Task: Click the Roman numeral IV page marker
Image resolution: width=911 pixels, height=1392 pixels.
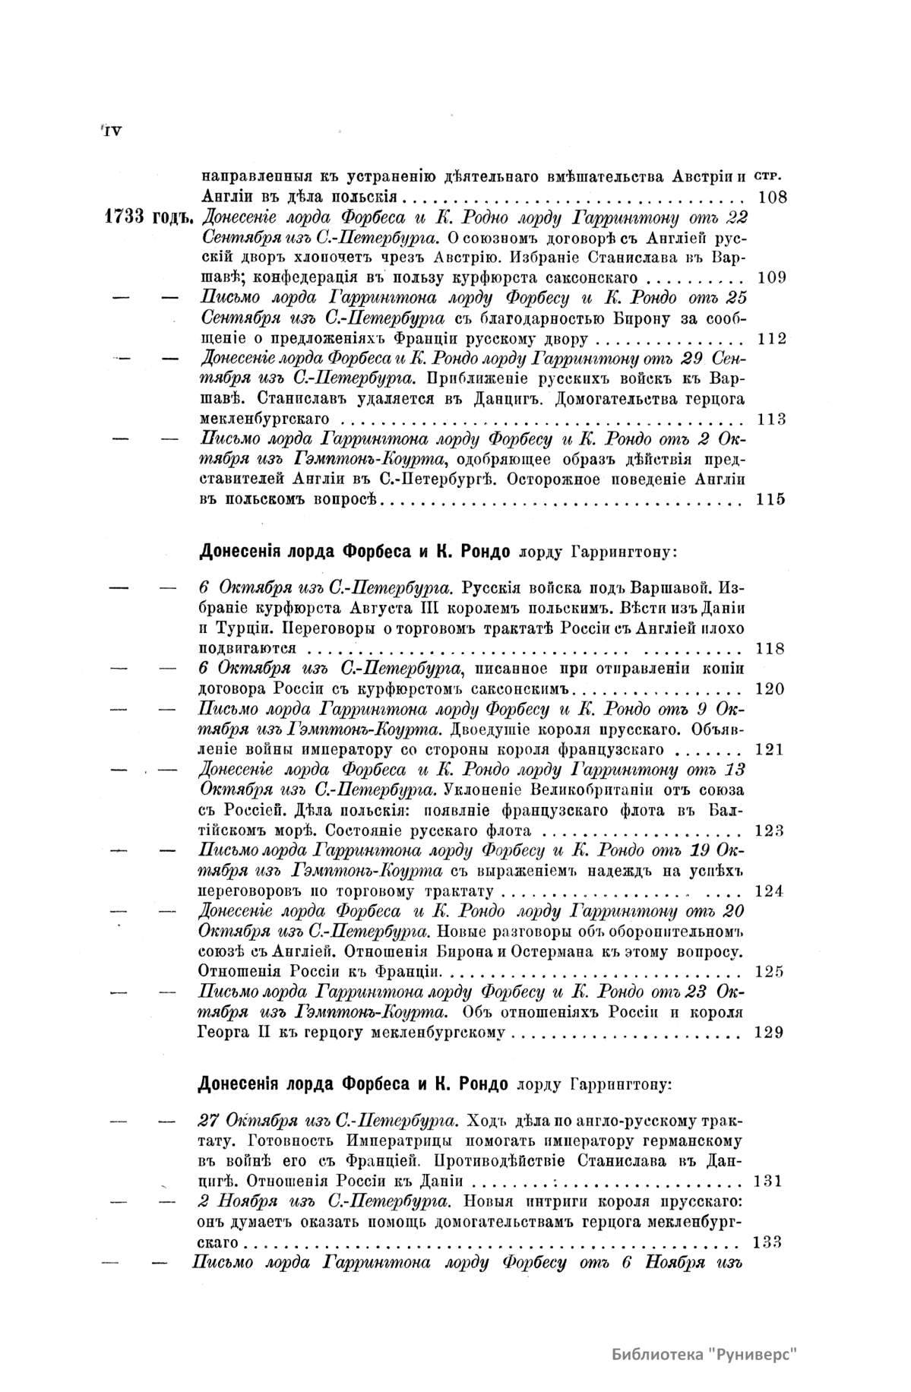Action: (x=111, y=131)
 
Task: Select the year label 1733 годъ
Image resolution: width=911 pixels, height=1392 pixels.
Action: (x=148, y=218)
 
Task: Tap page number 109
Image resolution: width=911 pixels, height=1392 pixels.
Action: (x=772, y=277)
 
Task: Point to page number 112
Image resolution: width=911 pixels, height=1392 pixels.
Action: (x=772, y=338)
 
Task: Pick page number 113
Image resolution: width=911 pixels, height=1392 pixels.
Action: (x=772, y=419)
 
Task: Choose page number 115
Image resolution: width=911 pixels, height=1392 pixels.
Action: (x=772, y=499)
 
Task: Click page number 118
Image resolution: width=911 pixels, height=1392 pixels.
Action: (x=772, y=649)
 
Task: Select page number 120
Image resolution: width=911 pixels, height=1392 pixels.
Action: (x=772, y=689)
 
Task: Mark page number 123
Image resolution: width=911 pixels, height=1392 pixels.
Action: (x=770, y=830)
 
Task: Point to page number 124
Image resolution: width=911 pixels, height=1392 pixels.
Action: (x=770, y=891)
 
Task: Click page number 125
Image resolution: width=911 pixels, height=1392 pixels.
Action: (x=770, y=972)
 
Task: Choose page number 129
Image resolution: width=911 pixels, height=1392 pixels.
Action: (x=770, y=1033)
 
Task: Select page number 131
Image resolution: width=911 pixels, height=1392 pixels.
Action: (x=767, y=1182)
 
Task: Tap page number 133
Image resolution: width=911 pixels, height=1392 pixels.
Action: (x=767, y=1242)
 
